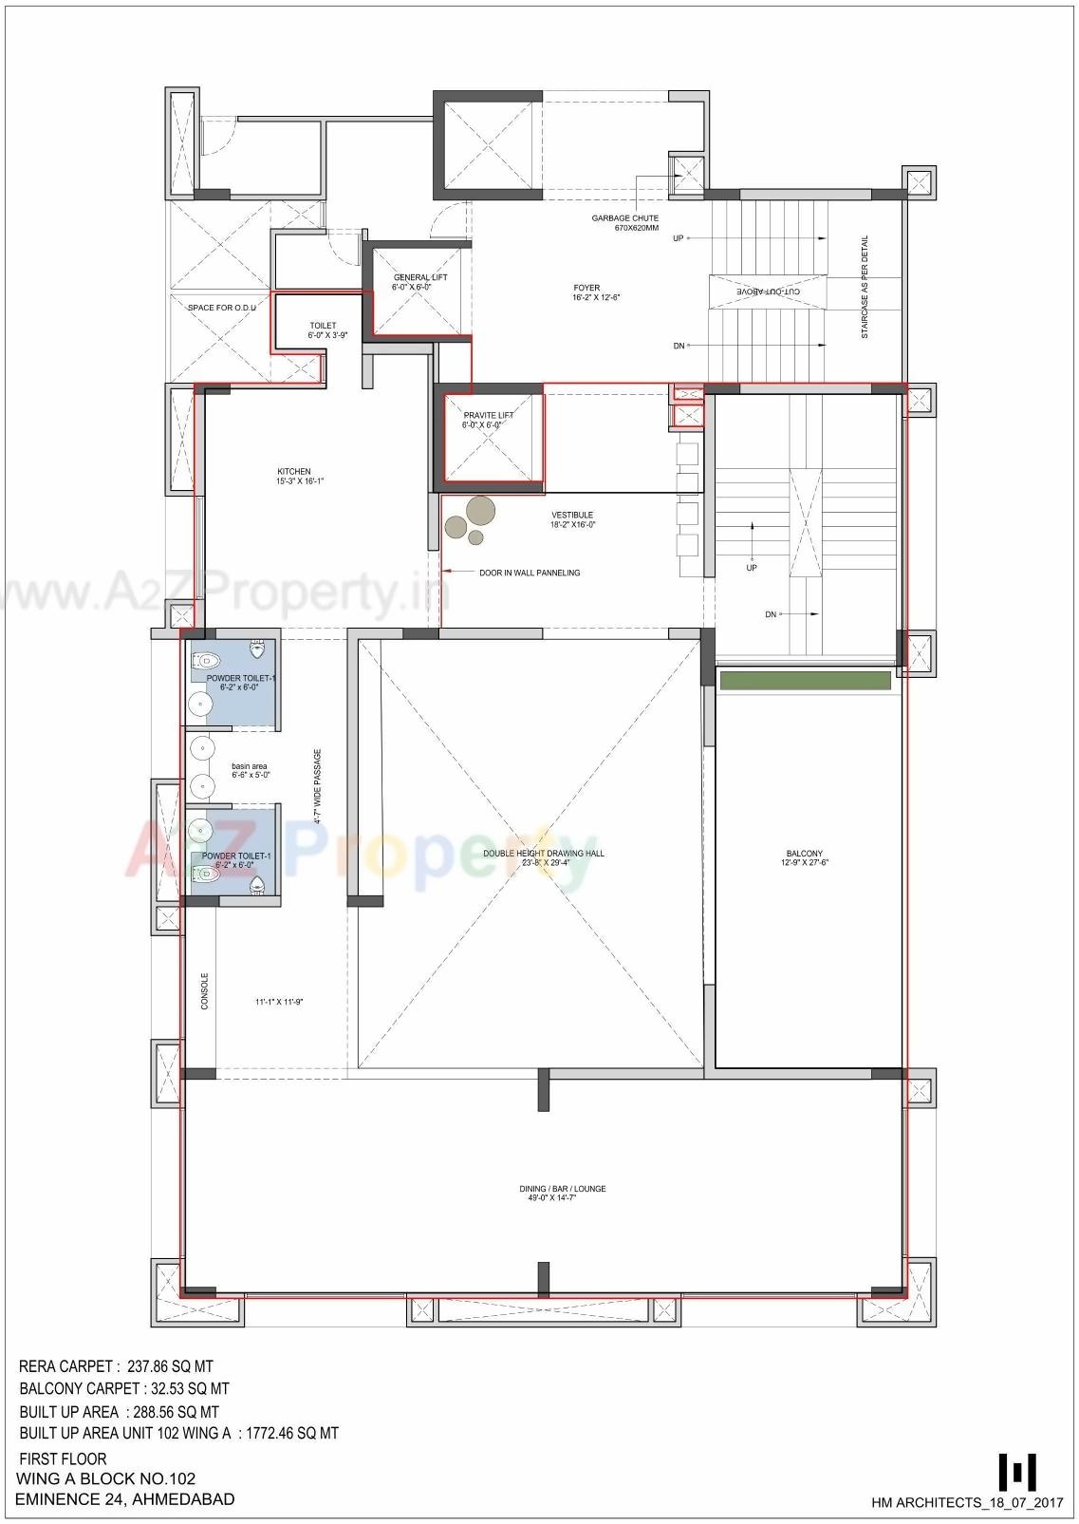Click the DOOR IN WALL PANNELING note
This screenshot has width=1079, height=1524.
[529, 573]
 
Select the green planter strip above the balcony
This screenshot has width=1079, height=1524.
[805, 681]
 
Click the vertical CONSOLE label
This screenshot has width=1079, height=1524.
[204, 990]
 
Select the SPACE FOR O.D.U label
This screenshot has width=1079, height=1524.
[221, 308]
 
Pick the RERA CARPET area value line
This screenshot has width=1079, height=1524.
[116, 1366]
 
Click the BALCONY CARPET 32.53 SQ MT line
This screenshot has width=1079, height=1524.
[123, 1388]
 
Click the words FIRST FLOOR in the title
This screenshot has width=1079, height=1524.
[63, 1458]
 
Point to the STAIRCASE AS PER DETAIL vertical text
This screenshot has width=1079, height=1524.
[865, 288]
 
